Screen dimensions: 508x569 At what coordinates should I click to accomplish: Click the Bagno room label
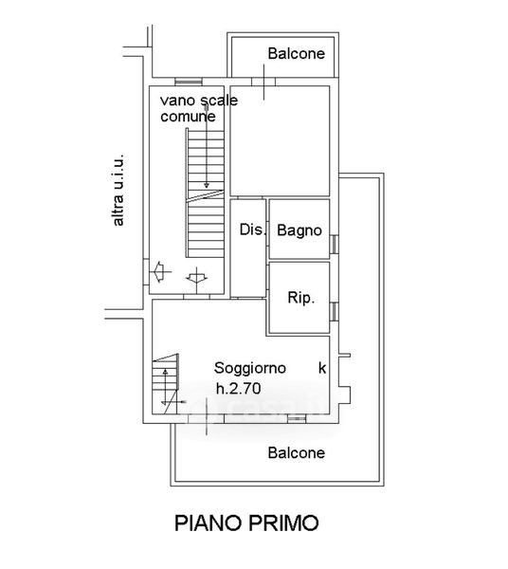click(x=299, y=230)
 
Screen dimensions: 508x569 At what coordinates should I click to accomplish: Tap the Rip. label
click(x=301, y=298)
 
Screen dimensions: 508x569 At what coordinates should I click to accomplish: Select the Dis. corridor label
click(x=253, y=229)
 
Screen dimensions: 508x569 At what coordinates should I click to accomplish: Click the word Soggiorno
click(x=250, y=368)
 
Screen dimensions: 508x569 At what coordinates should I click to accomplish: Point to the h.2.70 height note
click(x=238, y=389)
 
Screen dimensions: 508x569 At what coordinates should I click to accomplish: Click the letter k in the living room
click(x=322, y=368)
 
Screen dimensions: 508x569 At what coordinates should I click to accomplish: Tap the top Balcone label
click(x=297, y=53)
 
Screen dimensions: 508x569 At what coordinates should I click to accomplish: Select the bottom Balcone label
click(x=297, y=452)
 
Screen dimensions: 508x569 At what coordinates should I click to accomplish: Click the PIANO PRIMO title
click(x=246, y=523)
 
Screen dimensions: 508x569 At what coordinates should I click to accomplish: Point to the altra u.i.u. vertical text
click(x=118, y=191)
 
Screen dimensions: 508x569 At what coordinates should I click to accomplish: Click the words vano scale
click(x=199, y=101)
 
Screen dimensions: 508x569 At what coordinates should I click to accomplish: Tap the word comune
click(x=188, y=117)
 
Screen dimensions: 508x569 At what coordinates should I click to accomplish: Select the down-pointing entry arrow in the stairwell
click(x=196, y=278)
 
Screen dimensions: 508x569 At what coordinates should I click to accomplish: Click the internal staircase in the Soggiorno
click(x=166, y=384)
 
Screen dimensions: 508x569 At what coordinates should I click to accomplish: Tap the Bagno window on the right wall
click(x=335, y=244)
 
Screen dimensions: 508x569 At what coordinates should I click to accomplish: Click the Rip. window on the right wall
click(x=335, y=312)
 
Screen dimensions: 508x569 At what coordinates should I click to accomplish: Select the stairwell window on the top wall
click(x=189, y=82)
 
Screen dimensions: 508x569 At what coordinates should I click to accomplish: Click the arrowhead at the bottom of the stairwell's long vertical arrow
click(x=207, y=186)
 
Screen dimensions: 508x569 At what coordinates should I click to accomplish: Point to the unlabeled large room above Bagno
click(x=280, y=141)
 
